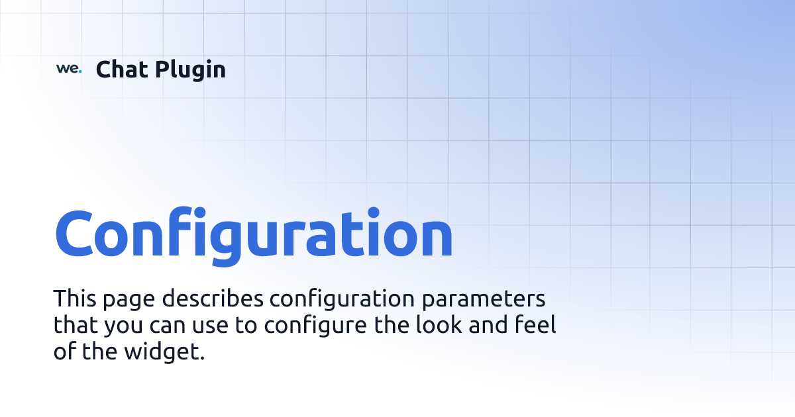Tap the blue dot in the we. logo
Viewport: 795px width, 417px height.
coord(80,71)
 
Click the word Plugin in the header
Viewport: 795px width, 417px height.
coord(191,70)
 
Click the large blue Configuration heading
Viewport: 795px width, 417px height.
coord(254,235)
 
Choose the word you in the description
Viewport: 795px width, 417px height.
coord(125,328)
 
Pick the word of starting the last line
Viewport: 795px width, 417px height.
coord(64,352)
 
